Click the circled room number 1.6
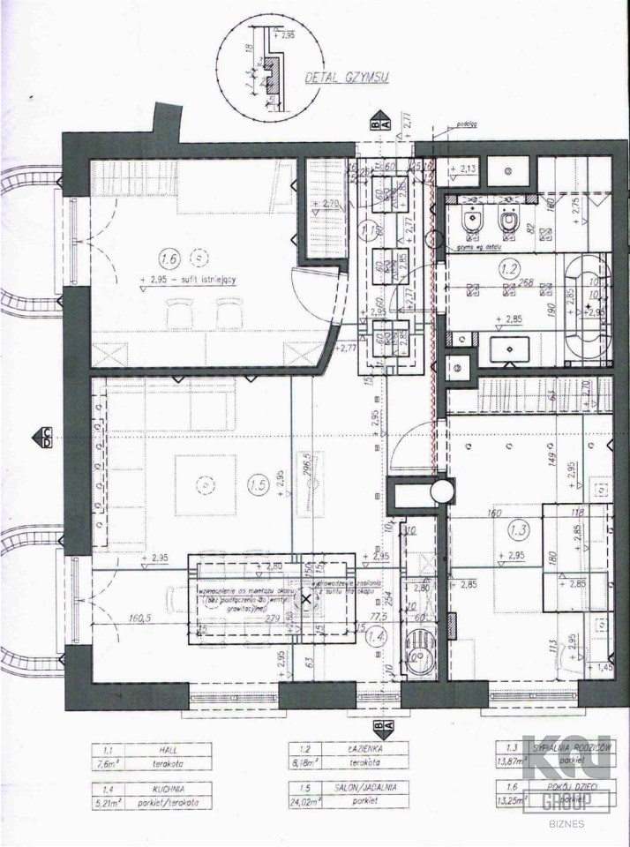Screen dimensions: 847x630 (169, 259)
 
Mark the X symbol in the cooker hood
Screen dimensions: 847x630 (307, 598)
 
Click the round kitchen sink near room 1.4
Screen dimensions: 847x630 (418, 657)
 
